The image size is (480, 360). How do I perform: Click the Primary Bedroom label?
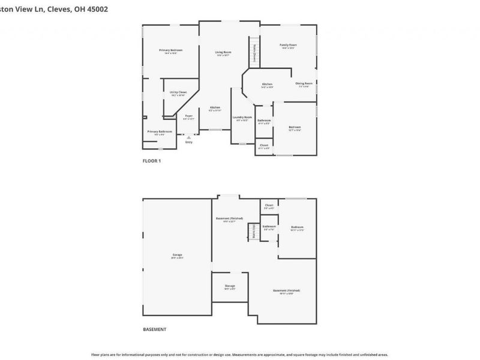click(x=170, y=50)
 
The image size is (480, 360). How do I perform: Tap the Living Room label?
click(x=223, y=53)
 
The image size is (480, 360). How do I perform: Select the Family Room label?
click(x=288, y=45)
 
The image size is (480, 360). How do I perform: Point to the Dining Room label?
click(x=304, y=83)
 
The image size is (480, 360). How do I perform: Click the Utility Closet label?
click(x=178, y=92)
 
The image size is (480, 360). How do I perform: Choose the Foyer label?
click(x=188, y=116)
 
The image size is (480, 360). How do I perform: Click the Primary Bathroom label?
click(x=160, y=131)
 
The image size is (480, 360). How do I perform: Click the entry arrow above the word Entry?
click(x=189, y=137)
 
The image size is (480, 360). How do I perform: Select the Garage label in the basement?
click(x=177, y=254)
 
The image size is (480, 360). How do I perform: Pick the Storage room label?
click(x=230, y=286)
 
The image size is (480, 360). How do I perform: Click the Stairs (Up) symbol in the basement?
click(x=253, y=230)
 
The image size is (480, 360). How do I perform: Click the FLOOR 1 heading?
click(x=151, y=161)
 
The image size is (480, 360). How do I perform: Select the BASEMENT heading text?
click(x=154, y=329)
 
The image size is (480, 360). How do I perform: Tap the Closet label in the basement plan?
click(x=269, y=205)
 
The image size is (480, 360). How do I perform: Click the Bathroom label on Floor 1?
click(x=264, y=121)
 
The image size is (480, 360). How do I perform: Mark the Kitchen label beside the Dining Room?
click(x=267, y=84)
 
